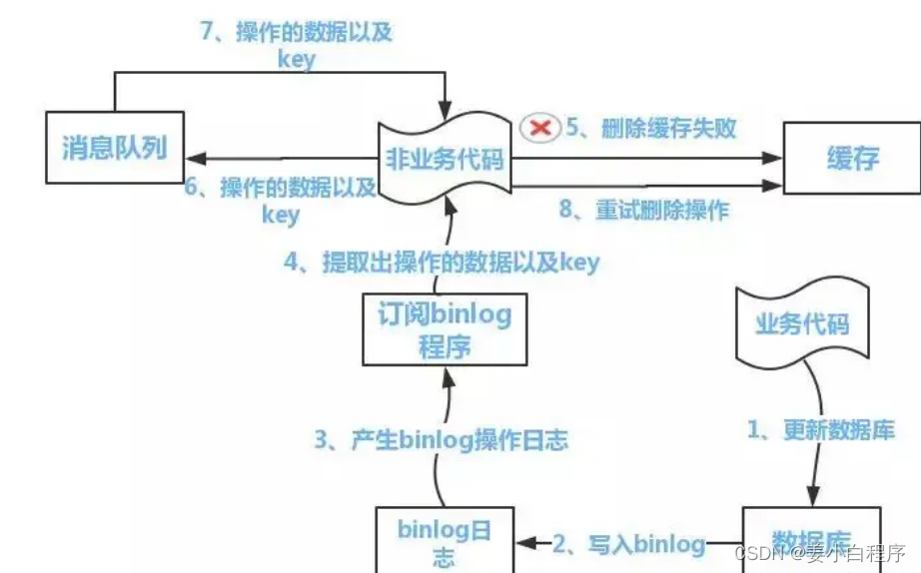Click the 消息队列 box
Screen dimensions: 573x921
point(114,150)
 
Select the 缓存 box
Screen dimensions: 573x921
point(851,157)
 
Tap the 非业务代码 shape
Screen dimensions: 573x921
point(446,158)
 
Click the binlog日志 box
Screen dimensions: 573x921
point(445,540)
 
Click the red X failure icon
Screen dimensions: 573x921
point(540,128)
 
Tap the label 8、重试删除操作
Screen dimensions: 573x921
point(643,211)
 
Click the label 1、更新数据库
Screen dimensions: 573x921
point(821,429)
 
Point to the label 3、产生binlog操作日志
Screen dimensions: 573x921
point(441,439)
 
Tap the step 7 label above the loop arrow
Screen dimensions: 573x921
point(297,45)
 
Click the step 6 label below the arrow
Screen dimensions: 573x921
point(279,199)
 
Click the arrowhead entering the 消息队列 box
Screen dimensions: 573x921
point(192,158)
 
